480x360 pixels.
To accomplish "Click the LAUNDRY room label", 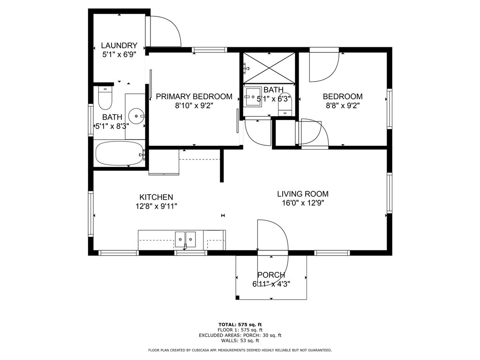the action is click(119, 45).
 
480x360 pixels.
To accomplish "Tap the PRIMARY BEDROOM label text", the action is click(194, 97).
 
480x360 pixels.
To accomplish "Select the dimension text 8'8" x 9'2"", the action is click(343, 105).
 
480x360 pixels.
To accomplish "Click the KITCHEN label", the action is click(156, 197).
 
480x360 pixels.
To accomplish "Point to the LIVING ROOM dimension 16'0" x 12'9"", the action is click(303, 202).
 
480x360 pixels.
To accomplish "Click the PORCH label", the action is click(271, 275).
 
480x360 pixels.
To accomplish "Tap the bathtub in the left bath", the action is click(120, 153).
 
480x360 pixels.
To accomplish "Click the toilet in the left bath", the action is click(105, 97).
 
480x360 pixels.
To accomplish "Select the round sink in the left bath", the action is click(136, 116).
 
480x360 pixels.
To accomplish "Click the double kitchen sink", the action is click(185, 240).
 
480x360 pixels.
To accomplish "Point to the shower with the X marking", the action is click(269, 67).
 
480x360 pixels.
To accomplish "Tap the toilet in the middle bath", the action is click(285, 104).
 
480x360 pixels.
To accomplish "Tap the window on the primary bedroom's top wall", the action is click(210, 50).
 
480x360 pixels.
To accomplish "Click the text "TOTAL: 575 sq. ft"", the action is click(240, 324).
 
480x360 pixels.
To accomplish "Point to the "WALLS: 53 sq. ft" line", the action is click(240, 340).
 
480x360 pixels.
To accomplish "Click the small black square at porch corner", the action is click(237, 298).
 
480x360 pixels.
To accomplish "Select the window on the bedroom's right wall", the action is click(390, 109).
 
